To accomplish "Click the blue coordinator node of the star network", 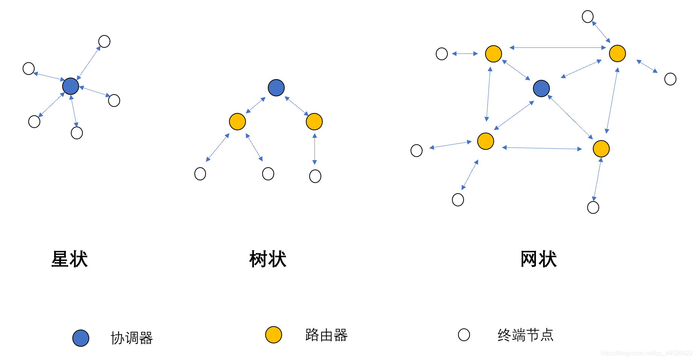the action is click(x=70, y=86).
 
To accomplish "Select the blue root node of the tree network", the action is click(x=276, y=88).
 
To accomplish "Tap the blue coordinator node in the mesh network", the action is click(x=541, y=88).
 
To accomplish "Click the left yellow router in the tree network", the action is click(x=237, y=122).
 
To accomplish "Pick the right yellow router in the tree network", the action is click(x=314, y=122).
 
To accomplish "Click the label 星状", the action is click(x=70, y=259).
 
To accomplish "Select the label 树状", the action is click(x=268, y=259).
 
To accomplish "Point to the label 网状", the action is click(x=539, y=259).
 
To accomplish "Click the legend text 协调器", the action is click(x=132, y=338).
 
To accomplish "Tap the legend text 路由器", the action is click(x=326, y=335).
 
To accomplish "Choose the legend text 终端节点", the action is click(x=525, y=335).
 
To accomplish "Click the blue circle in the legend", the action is click(x=81, y=338).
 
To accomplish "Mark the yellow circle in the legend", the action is click(x=273, y=335).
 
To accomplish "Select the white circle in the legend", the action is click(x=464, y=335).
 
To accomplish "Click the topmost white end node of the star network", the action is click(x=104, y=41).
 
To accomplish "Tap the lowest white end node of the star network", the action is click(x=77, y=133).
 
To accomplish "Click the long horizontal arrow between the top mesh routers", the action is click(x=557, y=48).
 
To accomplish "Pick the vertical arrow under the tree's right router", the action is click(x=314, y=149).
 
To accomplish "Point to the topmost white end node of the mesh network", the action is click(x=588, y=17).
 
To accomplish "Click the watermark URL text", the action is click(x=646, y=353).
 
